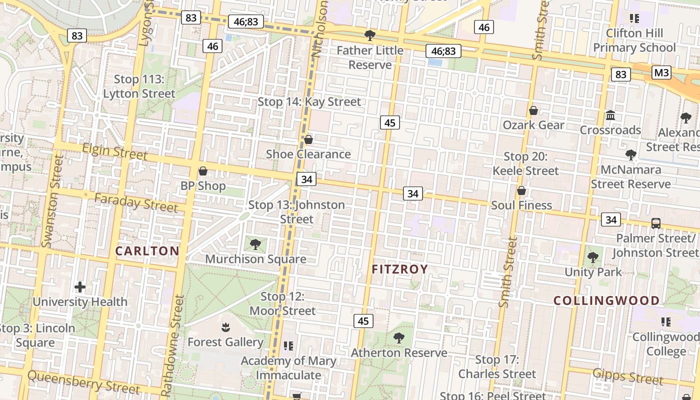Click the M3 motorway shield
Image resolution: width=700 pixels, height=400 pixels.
tap(661, 73)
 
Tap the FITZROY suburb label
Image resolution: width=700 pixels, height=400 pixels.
tap(400, 269)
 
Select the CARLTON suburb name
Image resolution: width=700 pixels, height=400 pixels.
tap(147, 251)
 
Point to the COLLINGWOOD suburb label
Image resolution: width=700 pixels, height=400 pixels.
tap(606, 300)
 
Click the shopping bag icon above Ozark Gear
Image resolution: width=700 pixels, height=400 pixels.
tap(533, 110)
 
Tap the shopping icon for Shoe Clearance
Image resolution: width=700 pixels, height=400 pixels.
tap(308, 139)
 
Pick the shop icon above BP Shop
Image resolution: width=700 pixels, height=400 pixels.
tap(203, 171)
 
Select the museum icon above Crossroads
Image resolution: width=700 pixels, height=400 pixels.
tap(610, 115)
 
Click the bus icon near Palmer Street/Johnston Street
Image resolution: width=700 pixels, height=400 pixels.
tap(655, 223)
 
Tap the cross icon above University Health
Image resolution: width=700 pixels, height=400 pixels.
tap(80, 287)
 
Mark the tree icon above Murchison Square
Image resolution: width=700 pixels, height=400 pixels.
tap(255, 244)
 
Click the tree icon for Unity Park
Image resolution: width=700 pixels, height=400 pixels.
tap(593, 257)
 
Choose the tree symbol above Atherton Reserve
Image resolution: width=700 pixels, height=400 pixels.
tap(399, 338)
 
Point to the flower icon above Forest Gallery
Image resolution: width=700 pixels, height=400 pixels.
tap(225, 327)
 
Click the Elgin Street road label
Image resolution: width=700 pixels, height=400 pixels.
tap(115, 151)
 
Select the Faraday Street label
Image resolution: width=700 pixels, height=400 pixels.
tap(136, 202)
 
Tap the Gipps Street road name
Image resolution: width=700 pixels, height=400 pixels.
tap(627, 376)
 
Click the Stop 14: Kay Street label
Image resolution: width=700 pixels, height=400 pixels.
tap(309, 102)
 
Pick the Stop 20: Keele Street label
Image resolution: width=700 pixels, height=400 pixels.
tap(525, 163)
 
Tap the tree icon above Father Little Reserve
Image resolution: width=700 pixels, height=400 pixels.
tap(370, 35)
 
